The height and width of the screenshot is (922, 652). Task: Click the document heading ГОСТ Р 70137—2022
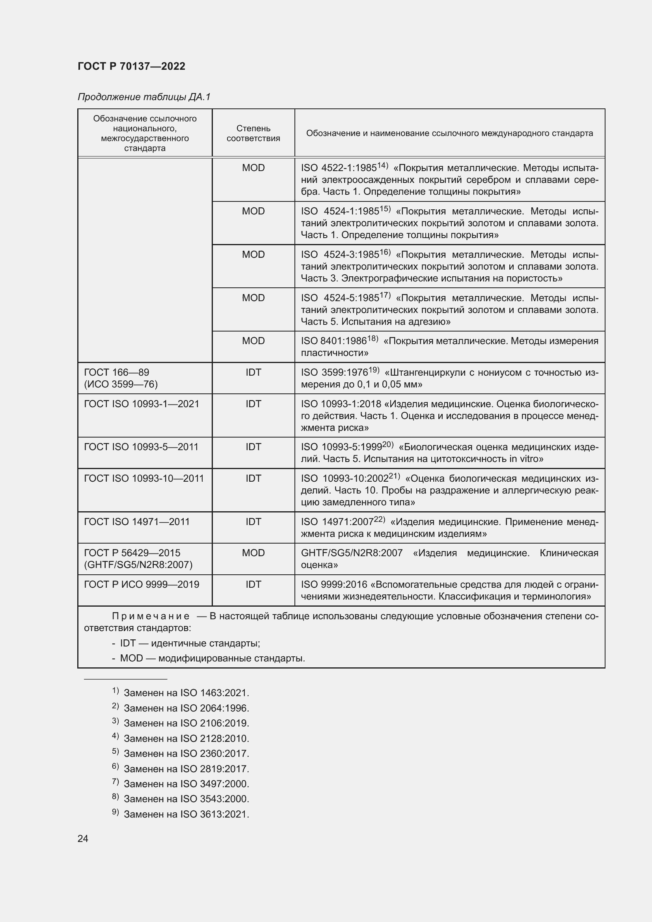point(131,66)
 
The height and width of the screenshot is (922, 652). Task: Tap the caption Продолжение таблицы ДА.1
point(144,97)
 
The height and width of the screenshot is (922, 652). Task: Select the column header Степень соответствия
point(253,133)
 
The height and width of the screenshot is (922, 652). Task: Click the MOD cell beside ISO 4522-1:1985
point(253,168)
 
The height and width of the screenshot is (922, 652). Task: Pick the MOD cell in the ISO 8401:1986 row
point(253,341)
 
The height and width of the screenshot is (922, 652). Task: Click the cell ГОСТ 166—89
point(116,372)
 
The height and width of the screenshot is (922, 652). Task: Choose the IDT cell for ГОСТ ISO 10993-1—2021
point(253,404)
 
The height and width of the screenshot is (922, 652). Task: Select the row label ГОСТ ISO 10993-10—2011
point(144,478)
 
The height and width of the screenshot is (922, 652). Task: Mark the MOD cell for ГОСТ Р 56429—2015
point(253,553)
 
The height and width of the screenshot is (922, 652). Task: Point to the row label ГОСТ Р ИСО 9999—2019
point(142,584)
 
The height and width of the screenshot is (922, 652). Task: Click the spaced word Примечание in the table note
point(151,617)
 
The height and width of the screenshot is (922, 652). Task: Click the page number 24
point(83,838)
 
